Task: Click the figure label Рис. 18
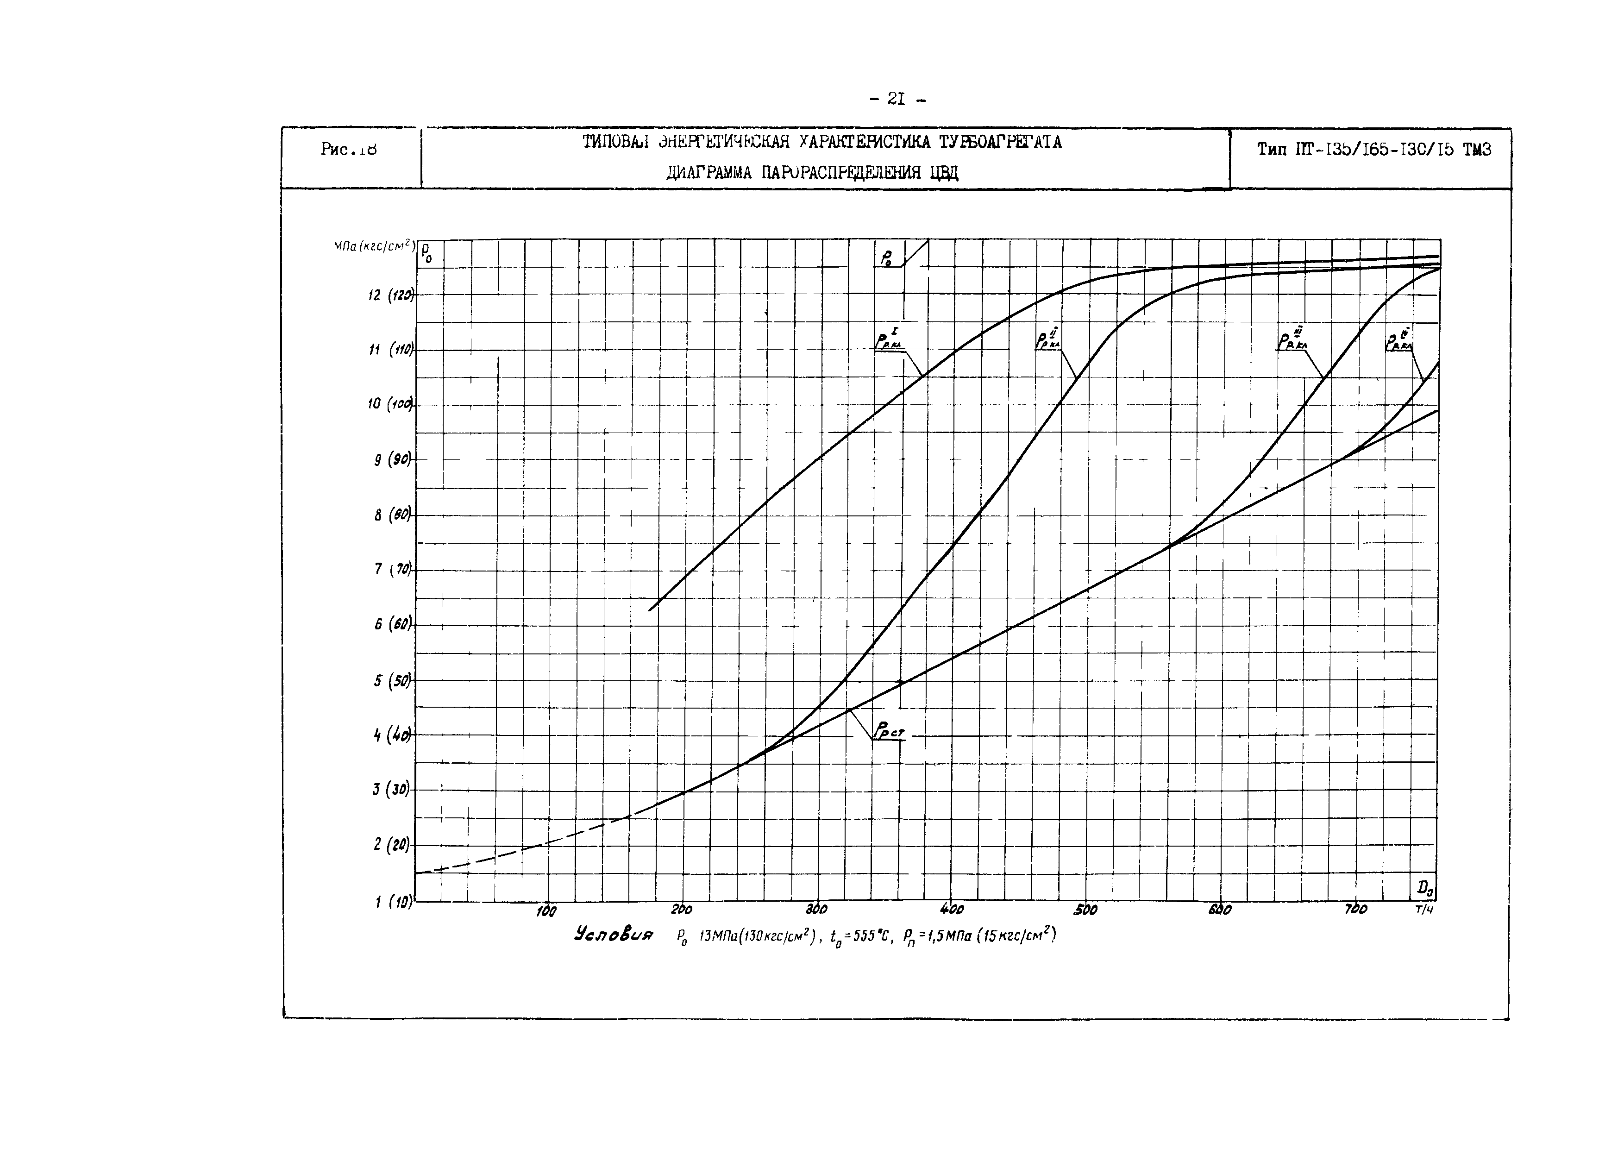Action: tap(348, 149)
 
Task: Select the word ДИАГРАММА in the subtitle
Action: tap(709, 173)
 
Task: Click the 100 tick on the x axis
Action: tap(546, 911)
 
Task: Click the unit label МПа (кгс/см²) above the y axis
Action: tap(374, 247)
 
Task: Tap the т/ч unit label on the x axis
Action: tap(1424, 910)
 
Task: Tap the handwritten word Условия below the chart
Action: tap(614, 934)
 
